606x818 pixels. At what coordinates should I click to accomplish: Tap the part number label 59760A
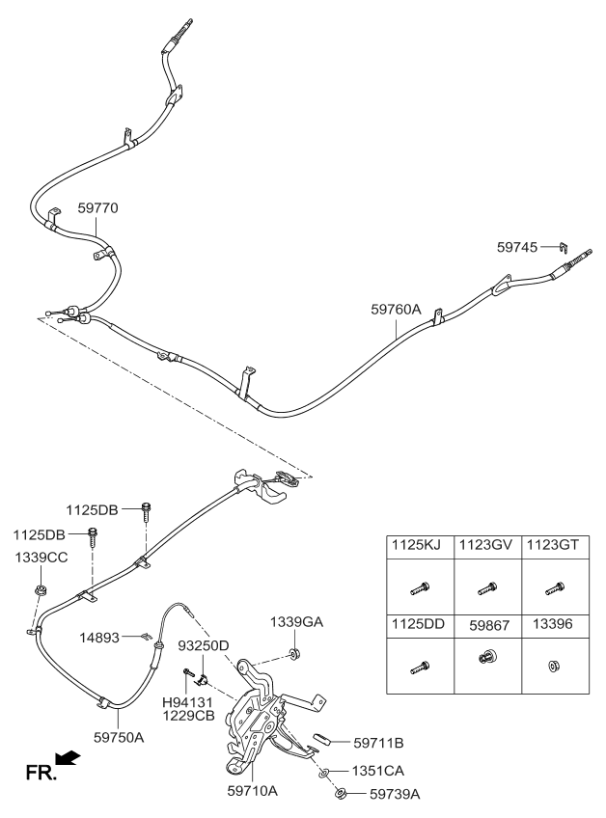[x=396, y=310]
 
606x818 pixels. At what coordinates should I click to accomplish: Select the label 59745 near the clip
[x=518, y=247]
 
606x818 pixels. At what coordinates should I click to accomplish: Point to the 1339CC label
[x=41, y=559]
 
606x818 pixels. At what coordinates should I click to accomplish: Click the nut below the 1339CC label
[x=41, y=588]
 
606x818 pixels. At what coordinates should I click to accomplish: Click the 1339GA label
[x=296, y=622]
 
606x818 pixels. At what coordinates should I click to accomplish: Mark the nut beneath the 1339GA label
[x=296, y=655]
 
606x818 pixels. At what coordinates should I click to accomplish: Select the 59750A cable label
[x=119, y=736]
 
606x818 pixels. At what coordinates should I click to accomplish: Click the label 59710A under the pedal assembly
[x=252, y=790]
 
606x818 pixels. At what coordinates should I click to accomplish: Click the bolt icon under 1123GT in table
[x=555, y=586]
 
